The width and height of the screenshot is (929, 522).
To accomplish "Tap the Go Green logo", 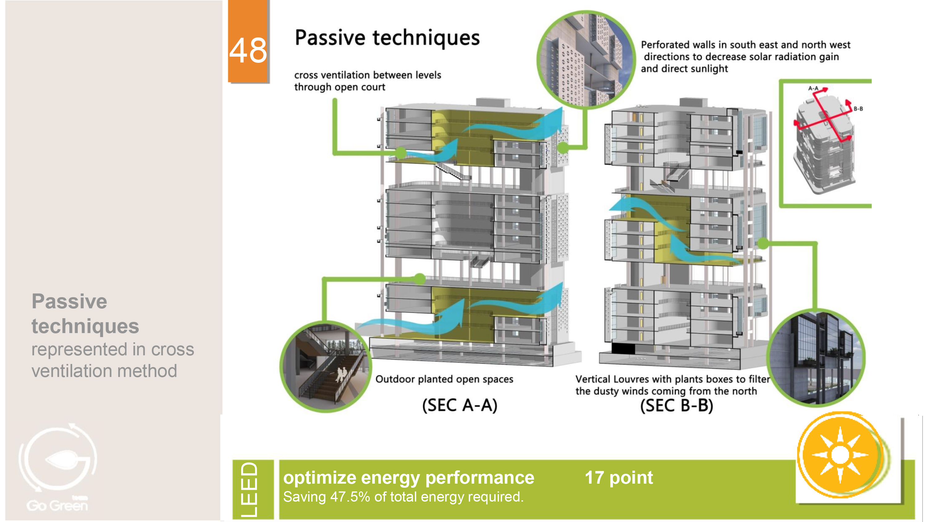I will click(58, 468).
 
